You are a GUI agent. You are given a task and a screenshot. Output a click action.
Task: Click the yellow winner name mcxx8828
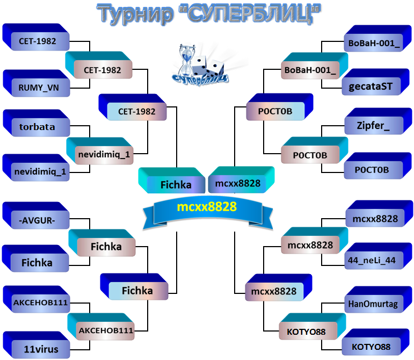point(207,207)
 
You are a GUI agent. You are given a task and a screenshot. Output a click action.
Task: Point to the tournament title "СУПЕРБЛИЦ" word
point(250,14)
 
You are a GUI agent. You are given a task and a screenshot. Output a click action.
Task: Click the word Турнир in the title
point(135,15)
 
